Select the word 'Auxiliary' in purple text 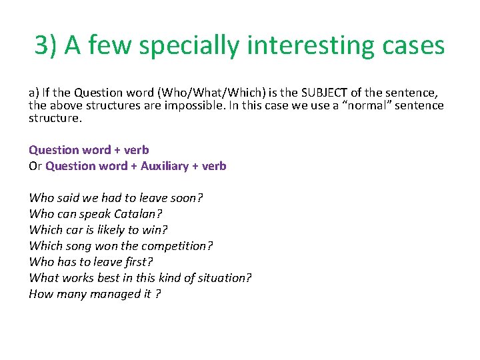point(165,166)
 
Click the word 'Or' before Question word point(35,166)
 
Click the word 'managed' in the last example point(109,294)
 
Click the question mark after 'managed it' point(157,294)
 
